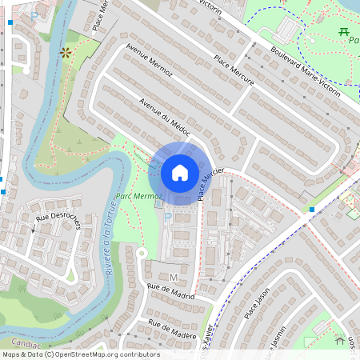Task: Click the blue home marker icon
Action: [x=180, y=173]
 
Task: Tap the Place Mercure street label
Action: [x=234, y=70]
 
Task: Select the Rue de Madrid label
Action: [x=171, y=292]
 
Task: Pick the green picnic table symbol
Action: [x=345, y=31]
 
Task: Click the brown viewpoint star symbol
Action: [x=65, y=53]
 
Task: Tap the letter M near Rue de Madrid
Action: [x=173, y=277]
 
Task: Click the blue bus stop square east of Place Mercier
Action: [x=312, y=210]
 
